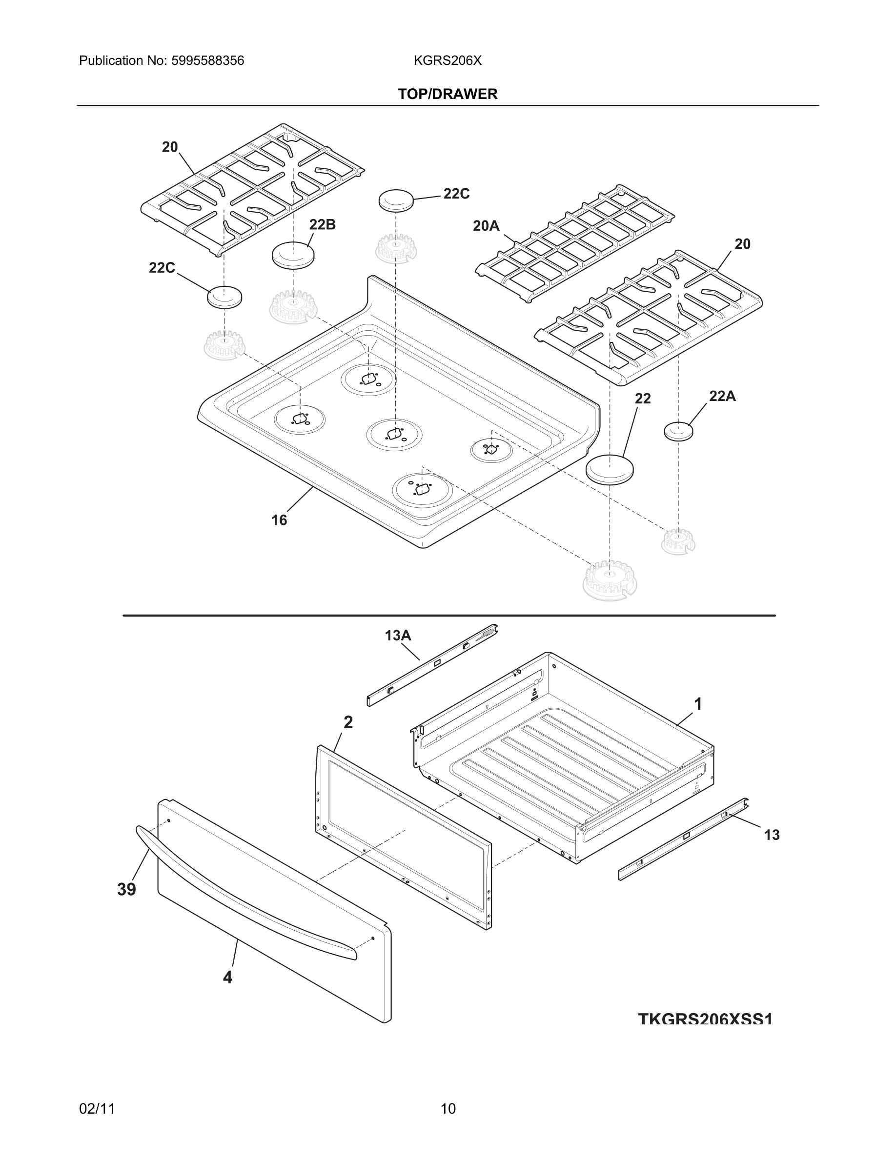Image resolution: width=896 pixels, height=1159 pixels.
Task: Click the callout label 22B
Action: (322, 224)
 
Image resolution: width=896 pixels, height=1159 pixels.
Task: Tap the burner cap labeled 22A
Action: (678, 431)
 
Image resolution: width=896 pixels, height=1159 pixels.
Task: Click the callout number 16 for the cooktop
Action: (279, 520)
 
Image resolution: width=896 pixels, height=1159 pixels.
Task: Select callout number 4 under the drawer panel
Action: (228, 977)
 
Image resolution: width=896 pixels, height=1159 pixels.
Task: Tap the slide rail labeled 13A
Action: (432, 664)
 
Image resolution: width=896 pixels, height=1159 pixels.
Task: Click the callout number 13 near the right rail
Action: (771, 835)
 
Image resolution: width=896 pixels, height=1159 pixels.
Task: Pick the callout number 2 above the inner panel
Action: (348, 722)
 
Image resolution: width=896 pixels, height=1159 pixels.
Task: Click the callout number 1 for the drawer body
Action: (698, 704)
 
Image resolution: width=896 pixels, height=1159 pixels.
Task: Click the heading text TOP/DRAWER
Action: (448, 94)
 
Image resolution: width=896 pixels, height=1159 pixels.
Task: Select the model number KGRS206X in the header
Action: (448, 60)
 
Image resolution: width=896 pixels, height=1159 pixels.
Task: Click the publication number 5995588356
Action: (207, 60)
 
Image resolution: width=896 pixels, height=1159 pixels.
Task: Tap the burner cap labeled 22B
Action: (293, 255)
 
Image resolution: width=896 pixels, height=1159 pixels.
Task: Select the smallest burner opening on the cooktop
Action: (491, 449)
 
